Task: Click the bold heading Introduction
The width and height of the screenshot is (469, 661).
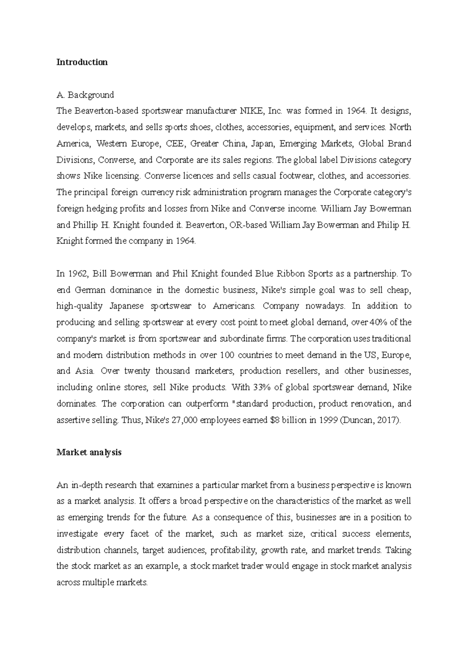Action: pyautogui.click(x=82, y=62)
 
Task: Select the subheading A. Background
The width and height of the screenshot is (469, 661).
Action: pyautogui.click(x=85, y=95)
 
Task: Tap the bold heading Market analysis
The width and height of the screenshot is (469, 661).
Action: pyautogui.click(x=89, y=452)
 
